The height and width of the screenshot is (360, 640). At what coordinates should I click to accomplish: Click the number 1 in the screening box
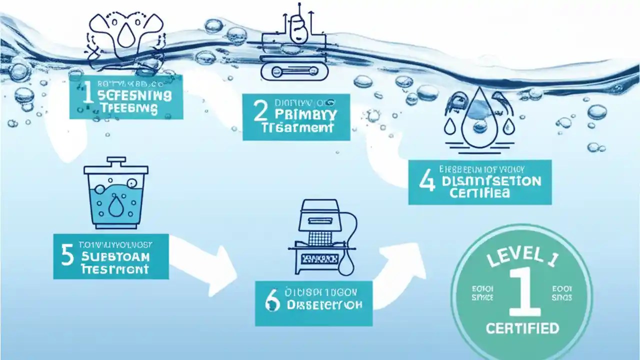tap(88, 95)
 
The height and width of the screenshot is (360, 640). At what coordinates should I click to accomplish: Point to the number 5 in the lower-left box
tap(68, 254)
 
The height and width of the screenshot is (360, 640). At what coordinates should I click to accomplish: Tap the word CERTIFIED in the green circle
tap(522, 328)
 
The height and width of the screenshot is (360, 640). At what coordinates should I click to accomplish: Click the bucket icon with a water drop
tap(115, 192)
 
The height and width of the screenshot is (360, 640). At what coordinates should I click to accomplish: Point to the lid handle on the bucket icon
tap(115, 161)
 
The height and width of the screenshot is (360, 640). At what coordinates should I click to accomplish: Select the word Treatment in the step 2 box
tap(297, 127)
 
